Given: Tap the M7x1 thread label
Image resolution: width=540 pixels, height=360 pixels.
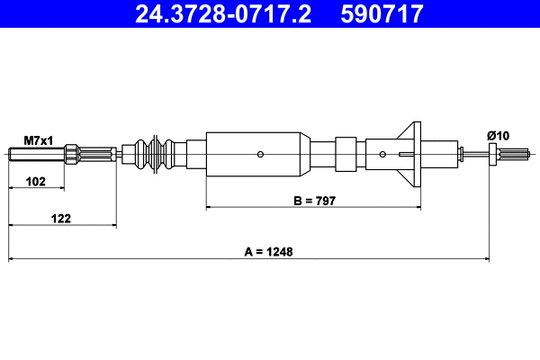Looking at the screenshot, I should (39, 140).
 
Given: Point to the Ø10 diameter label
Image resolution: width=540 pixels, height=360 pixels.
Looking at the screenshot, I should (498, 136).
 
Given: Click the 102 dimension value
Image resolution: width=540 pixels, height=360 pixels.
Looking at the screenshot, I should (35, 181).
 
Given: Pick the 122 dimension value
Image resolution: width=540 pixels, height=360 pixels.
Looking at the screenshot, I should (61, 218).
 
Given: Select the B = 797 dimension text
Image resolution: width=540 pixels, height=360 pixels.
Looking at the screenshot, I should (314, 201).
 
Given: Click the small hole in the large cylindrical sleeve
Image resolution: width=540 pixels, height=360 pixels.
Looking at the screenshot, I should (259, 154).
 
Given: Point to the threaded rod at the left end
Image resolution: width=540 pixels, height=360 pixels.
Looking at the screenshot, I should (36, 154).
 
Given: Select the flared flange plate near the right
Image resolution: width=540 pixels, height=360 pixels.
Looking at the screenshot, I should (413, 153).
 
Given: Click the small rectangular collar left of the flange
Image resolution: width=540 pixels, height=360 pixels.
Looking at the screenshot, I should (346, 154).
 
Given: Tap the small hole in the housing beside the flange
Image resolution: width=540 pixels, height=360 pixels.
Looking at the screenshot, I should (382, 154).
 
